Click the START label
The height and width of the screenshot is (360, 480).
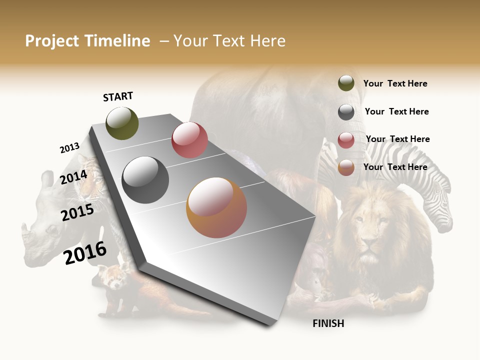coord(118,96)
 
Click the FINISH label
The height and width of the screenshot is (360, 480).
coord(328,323)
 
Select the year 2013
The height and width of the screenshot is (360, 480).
coord(69,148)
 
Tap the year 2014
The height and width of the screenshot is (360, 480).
coord(73,177)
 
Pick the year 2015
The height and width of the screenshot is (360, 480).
coord(77,212)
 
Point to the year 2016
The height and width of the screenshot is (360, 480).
coord(85,253)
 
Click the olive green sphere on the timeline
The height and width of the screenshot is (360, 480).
coord(122,123)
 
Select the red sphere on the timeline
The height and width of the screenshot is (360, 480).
coord(189,140)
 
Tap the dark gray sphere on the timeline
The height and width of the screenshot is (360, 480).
coord(145,180)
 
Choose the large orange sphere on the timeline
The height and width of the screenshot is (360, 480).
coord(216,207)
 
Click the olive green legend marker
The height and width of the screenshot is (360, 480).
coord(346,83)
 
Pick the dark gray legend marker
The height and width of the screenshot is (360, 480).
coord(346,112)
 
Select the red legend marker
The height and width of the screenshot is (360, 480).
coord(346,140)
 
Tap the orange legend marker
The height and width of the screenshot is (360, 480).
coord(346,167)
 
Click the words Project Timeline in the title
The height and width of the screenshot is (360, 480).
coord(87,41)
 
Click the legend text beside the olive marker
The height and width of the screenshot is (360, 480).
coord(395,83)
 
